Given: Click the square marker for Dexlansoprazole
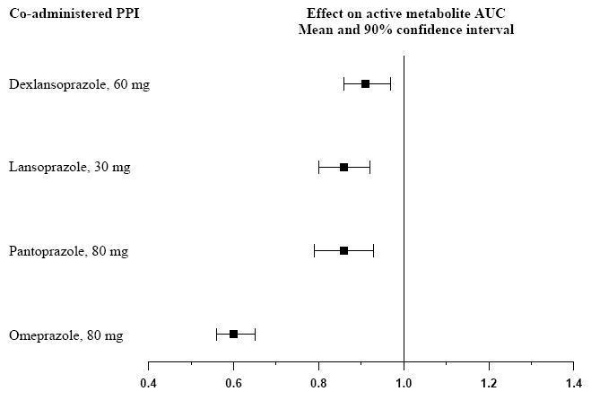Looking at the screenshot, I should click(365, 83).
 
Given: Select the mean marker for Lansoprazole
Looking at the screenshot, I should click(343, 167).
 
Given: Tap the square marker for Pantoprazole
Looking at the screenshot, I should click(343, 250).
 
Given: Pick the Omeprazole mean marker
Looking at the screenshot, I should click(233, 334).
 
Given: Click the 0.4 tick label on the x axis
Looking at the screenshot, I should click(148, 382).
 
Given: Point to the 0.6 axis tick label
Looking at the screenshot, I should click(233, 382).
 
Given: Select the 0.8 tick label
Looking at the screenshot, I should click(318, 382).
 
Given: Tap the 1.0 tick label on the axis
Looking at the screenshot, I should click(404, 382).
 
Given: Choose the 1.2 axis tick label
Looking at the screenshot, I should click(489, 382).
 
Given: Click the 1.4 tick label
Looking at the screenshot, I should click(572, 382).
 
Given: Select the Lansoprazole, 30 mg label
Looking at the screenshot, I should click(69, 168).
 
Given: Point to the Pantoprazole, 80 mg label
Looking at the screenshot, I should click(68, 251).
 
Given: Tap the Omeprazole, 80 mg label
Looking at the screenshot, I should click(65, 335).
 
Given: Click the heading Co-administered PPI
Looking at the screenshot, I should click(74, 14).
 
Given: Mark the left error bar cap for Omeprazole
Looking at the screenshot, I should click(216, 334).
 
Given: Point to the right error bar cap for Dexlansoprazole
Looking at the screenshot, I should click(390, 83).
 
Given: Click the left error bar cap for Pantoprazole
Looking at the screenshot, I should click(314, 250).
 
